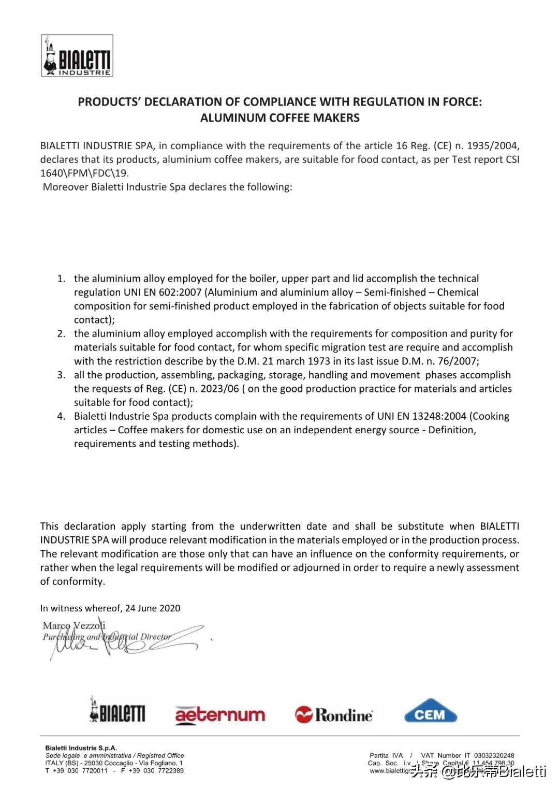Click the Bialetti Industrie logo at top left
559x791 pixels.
pyautogui.click(x=77, y=56)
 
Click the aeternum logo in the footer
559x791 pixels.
pyautogui.click(x=220, y=715)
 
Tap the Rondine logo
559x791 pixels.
pyautogui.click(x=334, y=715)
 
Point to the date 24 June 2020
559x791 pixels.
pyautogui.click(x=153, y=608)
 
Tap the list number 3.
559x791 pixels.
pyautogui.click(x=61, y=375)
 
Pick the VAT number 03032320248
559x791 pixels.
pyautogui.click(x=494, y=755)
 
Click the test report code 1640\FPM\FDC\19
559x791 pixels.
pyautogui.click(x=84, y=173)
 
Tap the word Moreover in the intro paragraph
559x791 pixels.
pyautogui.click(x=65, y=187)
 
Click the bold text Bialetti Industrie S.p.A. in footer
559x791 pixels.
pyautogui.click(x=81, y=748)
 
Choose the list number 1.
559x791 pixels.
pyautogui.click(x=61, y=279)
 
